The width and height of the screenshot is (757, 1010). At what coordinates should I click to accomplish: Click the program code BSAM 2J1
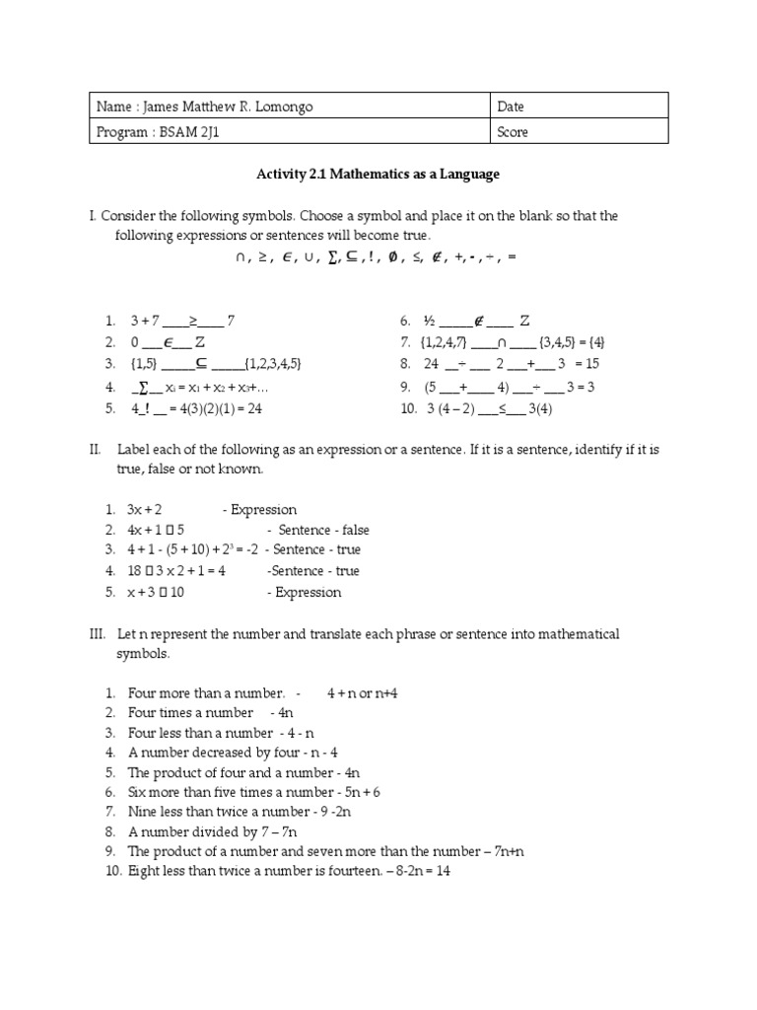coord(188,132)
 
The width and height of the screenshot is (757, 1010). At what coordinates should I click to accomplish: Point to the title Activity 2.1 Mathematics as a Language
coord(378,175)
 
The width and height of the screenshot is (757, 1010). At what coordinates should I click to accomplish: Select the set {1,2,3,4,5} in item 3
coord(273,364)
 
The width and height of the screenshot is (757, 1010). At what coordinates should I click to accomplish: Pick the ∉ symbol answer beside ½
coord(478,321)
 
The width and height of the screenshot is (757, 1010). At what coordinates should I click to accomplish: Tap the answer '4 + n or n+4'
coord(363,693)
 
